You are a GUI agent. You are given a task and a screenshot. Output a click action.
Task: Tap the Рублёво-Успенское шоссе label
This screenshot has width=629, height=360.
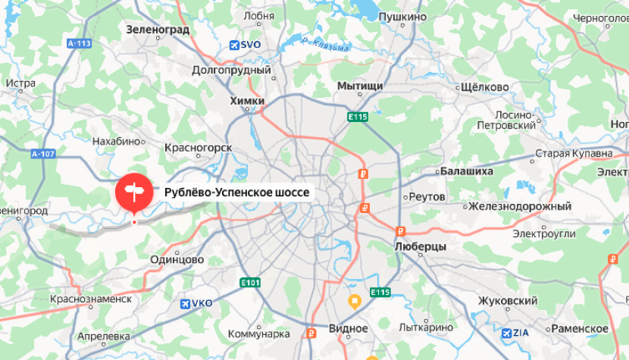pos(236,193)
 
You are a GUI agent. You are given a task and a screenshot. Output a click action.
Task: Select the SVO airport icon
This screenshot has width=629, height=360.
pos(236,45)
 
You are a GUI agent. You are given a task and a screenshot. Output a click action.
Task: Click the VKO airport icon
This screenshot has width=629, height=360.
pos(184,304)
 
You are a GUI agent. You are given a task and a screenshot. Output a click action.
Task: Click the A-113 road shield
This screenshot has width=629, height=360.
pos(79,43)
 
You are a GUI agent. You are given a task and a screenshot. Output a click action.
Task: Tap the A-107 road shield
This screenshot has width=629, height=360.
pos(45,154)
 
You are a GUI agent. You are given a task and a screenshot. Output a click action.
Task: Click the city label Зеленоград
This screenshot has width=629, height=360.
pos(158,30)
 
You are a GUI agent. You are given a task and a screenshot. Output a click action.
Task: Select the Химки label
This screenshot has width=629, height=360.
pos(247,100)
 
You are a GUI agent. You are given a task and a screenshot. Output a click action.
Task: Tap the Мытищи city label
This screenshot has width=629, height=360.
pos(360,86)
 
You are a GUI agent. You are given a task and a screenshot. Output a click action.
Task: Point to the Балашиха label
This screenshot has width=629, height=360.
pos(466,171)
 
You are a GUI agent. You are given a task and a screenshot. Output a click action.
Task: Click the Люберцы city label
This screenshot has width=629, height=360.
pos(421,247)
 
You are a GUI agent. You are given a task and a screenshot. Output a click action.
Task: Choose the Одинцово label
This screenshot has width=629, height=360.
pos(177,259)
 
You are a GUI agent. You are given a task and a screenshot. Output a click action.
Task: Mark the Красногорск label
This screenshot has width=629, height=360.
pos(198,147)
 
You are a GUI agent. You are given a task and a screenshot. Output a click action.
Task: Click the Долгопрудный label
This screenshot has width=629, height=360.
pos(231,70)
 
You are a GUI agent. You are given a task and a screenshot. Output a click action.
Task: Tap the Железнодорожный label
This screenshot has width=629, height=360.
pos(519,206)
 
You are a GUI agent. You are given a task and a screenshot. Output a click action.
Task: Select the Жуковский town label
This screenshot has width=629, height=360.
pos(507,301)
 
